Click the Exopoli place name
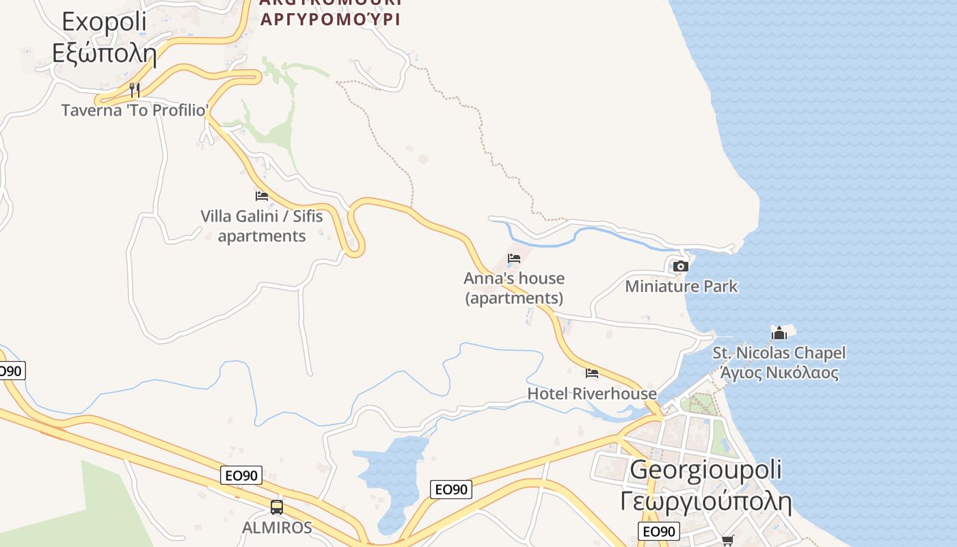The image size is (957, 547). click(x=104, y=22)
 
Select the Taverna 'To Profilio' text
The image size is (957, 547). click(x=135, y=109)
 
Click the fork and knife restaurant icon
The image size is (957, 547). click(x=135, y=90)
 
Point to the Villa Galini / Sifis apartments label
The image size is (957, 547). click(x=262, y=226)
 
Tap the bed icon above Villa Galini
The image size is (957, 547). click(x=262, y=196)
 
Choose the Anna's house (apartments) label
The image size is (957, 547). click(x=514, y=288)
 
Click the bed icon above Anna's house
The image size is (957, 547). click(x=514, y=258)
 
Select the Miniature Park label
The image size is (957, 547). click(x=682, y=286)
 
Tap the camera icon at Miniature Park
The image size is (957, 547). click(x=680, y=266)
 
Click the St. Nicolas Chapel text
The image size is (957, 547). click(x=779, y=353)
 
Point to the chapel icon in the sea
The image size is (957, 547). click(x=779, y=333)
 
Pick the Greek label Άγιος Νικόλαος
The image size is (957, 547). click(x=779, y=373)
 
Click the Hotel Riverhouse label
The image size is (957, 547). click(x=592, y=393)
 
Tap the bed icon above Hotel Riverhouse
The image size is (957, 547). click(x=592, y=373)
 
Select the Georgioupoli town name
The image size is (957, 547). click(x=705, y=470)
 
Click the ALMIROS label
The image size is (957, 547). click(x=277, y=527)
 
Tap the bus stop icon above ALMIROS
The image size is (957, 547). click(x=277, y=507)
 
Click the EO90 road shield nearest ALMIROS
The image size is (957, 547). click(x=241, y=475)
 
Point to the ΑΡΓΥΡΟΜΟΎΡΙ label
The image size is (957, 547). click(x=330, y=18)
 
